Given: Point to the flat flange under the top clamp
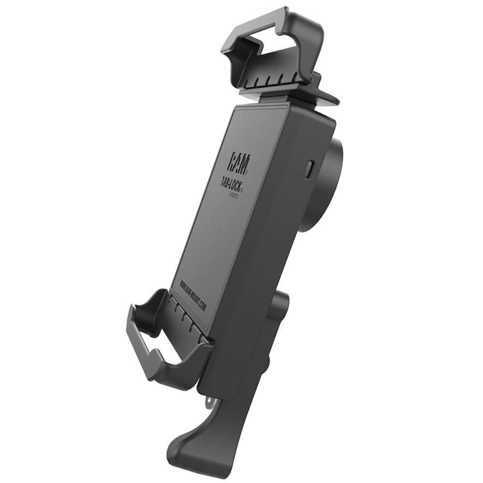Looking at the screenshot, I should click(x=319, y=97).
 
